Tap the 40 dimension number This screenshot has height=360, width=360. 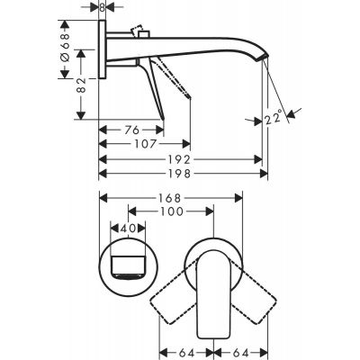click(x=127, y=229)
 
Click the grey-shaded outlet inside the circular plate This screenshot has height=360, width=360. click(x=127, y=265)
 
